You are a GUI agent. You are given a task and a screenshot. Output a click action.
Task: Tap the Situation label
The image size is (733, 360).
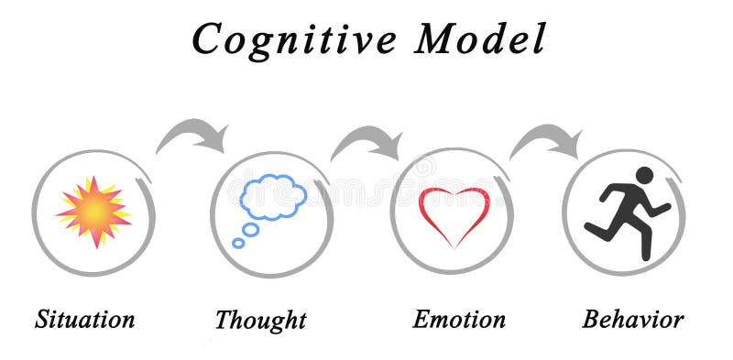coord(85,320)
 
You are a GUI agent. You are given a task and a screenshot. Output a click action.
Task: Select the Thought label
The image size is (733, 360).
coord(260,321)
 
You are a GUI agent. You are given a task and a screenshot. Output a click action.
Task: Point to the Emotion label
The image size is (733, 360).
coord(459,320)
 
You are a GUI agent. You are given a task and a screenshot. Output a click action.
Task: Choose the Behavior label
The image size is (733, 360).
coord(633,320)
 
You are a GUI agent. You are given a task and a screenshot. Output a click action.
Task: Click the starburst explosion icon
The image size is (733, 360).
coord(93,212)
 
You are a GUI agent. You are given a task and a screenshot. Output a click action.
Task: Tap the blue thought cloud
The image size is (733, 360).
coord(273,198)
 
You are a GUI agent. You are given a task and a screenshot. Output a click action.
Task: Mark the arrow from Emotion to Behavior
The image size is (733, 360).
coord(547,140)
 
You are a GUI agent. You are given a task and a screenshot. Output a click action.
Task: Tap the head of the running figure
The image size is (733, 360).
coord(645,175)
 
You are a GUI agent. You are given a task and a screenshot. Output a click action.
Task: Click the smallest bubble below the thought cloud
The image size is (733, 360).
coord(238,243)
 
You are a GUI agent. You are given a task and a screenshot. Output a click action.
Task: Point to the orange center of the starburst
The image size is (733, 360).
coord(93,213)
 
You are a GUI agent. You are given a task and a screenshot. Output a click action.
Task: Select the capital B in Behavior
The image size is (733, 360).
coord(592,320)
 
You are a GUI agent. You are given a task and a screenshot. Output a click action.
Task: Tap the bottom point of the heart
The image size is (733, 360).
coord(454,246)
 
